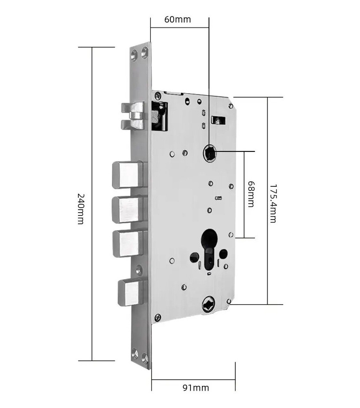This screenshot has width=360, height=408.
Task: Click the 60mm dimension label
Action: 177,20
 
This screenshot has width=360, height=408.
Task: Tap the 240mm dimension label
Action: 81,209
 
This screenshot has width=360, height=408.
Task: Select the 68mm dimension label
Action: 251,194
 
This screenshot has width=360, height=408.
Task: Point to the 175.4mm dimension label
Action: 273,204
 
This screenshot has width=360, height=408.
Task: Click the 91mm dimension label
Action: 196,388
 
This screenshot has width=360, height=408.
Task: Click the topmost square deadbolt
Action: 128,175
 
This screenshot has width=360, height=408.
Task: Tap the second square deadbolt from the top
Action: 128,210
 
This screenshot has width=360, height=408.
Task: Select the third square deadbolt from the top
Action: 128,244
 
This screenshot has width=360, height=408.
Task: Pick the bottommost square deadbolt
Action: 131,293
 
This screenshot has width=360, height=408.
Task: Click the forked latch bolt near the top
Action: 133,116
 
